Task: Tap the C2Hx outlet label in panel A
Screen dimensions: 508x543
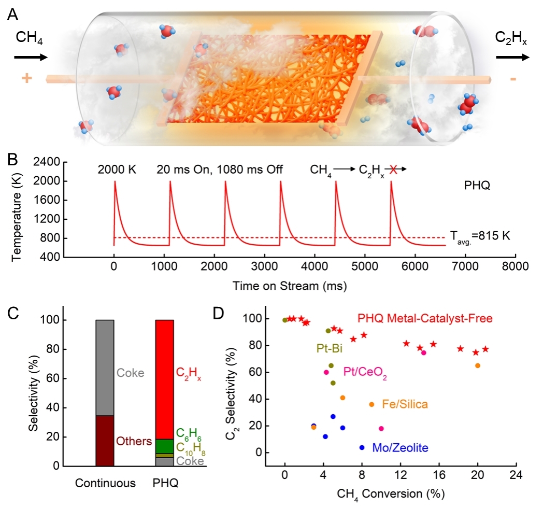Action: [x=511, y=39]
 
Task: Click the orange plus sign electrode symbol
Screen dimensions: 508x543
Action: [x=25, y=79]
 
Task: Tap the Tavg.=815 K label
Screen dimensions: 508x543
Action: [x=481, y=236]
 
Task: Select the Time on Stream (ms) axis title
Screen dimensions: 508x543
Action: [x=290, y=285]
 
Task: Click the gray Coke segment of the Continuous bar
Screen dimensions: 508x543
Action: [x=105, y=368]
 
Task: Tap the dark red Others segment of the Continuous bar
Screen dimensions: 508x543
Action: [x=105, y=441]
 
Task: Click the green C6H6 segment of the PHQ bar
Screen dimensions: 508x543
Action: [x=165, y=446]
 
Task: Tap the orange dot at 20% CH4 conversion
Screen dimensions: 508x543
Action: [x=478, y=365]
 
